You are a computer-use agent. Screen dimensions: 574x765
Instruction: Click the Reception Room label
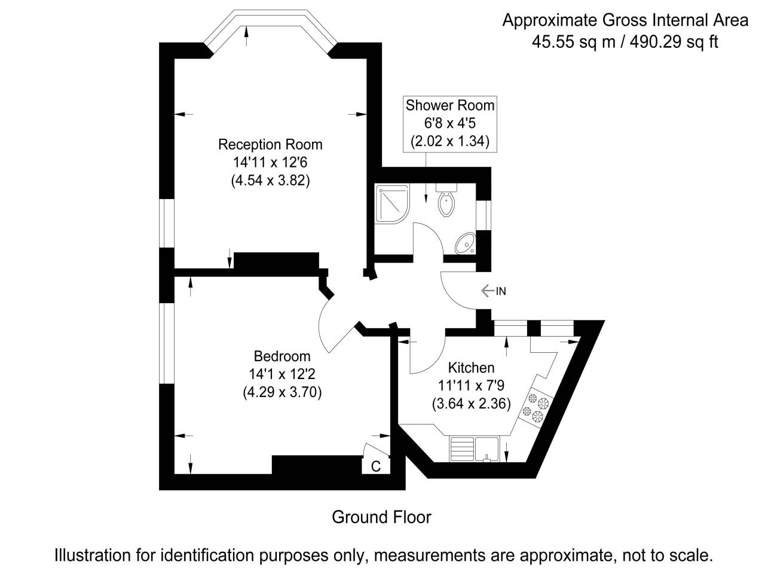tap(270, 145)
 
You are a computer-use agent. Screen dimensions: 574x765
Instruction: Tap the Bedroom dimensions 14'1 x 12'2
tap(282, 374)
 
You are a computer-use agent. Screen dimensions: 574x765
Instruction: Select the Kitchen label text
tap(471, 367)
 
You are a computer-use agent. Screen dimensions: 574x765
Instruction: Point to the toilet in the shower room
tap(446, 201)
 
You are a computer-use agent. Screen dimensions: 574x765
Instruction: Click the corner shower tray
tap(391, 204)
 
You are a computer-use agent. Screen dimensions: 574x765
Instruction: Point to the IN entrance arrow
tap(494, 291)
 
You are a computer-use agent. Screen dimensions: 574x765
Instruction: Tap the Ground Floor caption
tap(381, 517)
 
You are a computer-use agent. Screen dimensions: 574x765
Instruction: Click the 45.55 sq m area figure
tap(566, 42)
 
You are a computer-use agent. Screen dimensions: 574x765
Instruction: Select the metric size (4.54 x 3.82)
tap(270, 181)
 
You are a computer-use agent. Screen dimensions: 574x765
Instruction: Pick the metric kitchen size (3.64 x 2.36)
tap(471, 404)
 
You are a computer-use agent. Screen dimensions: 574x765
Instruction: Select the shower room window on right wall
tap(488, 215)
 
